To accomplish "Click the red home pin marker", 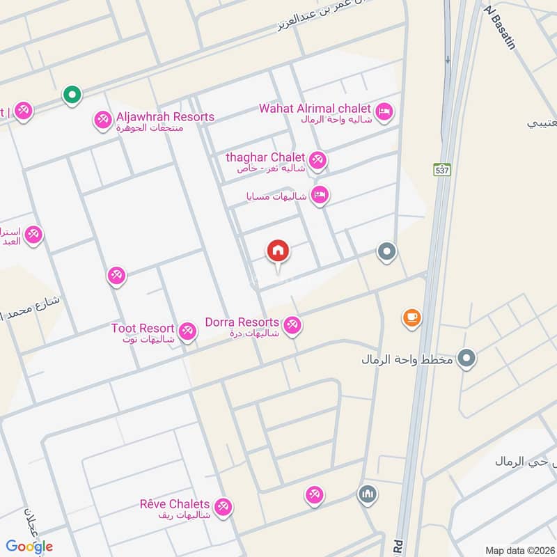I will (278, 251).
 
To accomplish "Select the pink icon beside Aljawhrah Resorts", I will (102, 120).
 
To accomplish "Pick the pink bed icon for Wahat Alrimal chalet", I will (384, 111).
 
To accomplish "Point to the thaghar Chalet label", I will (265, 157).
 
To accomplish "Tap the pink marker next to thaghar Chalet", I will (317, 160).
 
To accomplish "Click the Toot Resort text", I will (142, 327).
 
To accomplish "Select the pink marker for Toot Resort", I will (187, 331).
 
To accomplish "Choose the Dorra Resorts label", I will (242, 322).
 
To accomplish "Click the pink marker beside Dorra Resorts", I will (292, 324).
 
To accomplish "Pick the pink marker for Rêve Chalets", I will (223, 506).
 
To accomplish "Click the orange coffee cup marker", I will (411, 318).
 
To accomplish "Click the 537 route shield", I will (441, 171).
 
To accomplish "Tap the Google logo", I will (29, 546).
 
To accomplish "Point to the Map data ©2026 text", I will (520, 550).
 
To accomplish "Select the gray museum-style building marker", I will (367, 495).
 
